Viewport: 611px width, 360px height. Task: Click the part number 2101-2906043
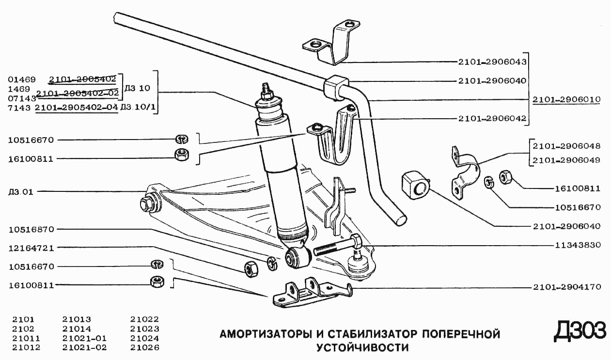click(x=492, y=62)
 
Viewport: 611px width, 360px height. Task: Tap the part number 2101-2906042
click(x=492, y=118)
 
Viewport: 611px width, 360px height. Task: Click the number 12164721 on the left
click(x=31, y=248)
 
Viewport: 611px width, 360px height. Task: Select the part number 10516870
click(x=31, y=229)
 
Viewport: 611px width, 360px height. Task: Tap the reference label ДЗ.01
click(x=21, y=191)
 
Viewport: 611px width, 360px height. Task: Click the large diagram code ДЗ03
click(x=580, y=331)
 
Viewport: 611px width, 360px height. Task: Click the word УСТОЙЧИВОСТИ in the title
click(x=362, y=347)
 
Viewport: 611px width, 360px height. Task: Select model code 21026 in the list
click(x=144, y=347)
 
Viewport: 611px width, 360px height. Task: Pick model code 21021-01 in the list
click(x=84, y=338)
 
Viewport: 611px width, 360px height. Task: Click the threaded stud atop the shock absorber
click(x=266, y=90)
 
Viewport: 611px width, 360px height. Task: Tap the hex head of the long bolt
click(x=354, y=240)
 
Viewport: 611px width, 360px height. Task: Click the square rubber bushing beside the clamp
click(x=415, y=185)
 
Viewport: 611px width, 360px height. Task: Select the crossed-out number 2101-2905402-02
click(x=78, y=93)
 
